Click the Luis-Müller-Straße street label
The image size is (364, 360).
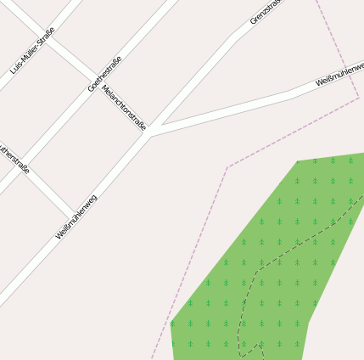coord(32,53)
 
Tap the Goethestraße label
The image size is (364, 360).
coord(105,73)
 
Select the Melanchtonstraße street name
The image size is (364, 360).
coord(124,107)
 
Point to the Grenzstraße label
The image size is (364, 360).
coord(265,11)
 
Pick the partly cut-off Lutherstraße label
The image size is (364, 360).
coord(14,158)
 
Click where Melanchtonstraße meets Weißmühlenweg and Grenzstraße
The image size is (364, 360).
coord(148,132)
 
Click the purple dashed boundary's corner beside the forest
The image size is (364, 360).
coord(227,167)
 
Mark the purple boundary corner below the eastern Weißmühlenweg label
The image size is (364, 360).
coord(358,98)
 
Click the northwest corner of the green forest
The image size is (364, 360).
coord(298,161)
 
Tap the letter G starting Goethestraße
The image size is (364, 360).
coord(91,87)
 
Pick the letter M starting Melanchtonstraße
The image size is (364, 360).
coord(104,87)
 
